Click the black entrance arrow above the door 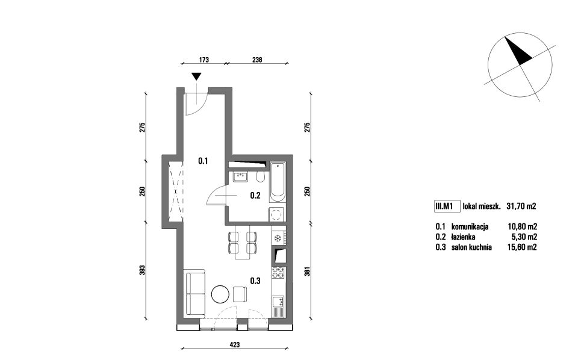click(197, 76)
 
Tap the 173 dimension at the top click(204, 60)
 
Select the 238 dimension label click(257, 60)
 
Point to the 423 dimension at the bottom click(235, 345)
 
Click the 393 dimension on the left click(143, 270)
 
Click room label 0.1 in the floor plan click(203, 161)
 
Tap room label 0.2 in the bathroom click(255, 196)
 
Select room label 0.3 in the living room click(255, 281)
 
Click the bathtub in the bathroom click(278, 182)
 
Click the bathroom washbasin click(240, 177)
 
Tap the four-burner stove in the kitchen click(279, 272)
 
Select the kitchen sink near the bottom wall click(279, 303)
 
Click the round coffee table click(220, 294)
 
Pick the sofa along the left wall click(194, 294)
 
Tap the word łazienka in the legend click(463, 237)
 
